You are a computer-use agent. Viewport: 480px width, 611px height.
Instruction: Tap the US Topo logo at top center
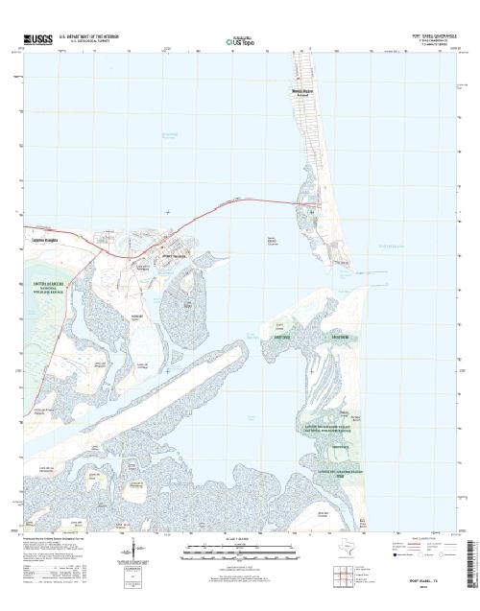237,42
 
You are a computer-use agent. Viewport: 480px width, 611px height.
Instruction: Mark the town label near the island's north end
303,92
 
